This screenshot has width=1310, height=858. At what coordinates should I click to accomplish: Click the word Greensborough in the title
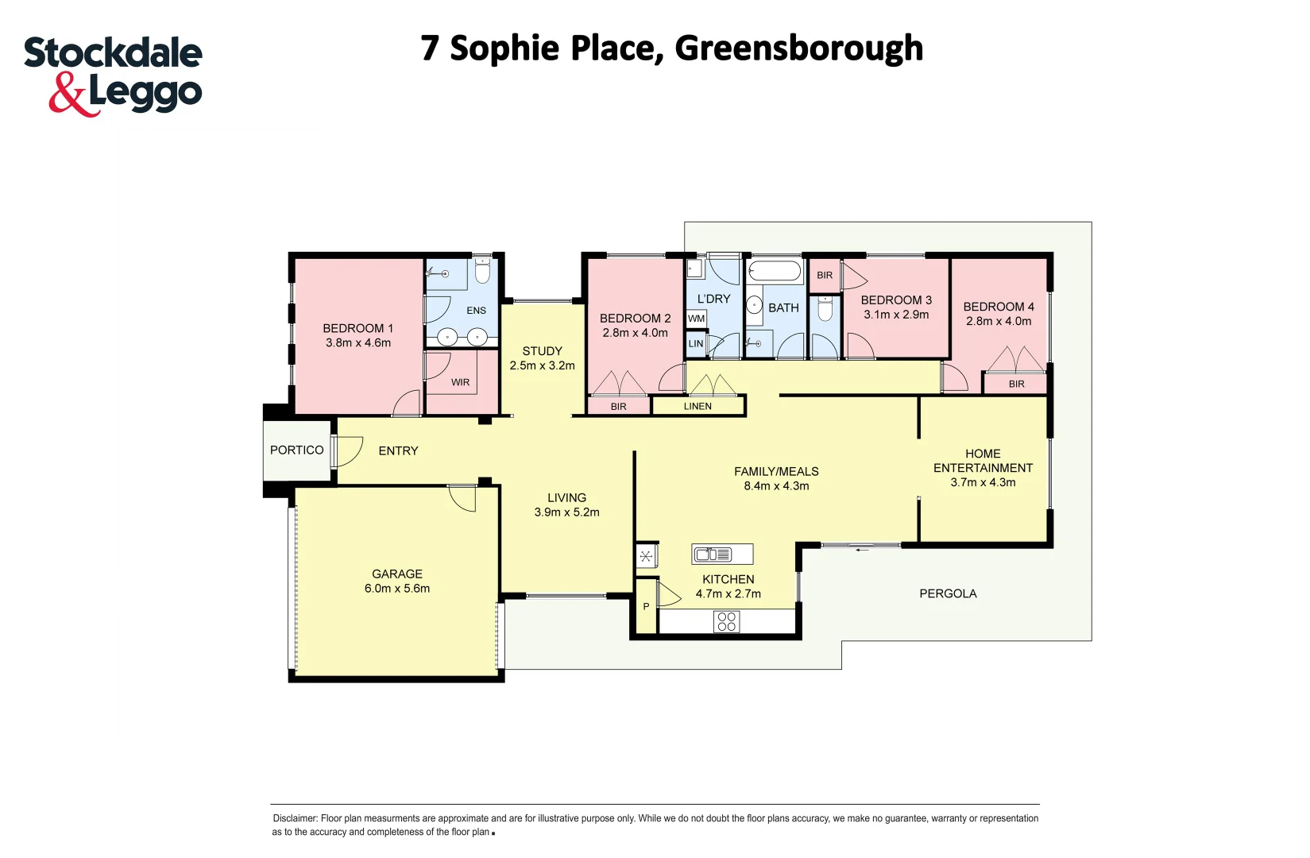tap(798, 48)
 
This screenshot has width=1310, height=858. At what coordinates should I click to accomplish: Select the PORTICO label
tap(296, 450)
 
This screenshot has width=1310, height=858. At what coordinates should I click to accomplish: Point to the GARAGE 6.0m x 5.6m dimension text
tap(397, 589)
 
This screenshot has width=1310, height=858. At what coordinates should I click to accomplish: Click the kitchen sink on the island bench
tap(713, 555)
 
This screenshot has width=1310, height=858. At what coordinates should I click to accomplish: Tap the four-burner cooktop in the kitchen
tap(726, 621)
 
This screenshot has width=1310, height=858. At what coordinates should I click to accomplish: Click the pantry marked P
tap(646, 606)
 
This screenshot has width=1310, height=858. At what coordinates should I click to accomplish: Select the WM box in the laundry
tap(697, 319)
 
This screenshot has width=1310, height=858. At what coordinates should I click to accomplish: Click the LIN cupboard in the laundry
tap(696, 344)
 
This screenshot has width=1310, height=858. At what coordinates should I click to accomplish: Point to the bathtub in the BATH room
tap(775, 272)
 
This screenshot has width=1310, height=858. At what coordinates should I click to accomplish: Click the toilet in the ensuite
tap(481, 272)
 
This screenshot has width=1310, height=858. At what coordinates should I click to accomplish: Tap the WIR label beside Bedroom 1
tap(461, 382)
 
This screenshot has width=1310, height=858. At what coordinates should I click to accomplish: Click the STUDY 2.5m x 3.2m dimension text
tap(543, 365)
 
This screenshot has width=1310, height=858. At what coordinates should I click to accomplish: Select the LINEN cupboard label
tap(698, 406)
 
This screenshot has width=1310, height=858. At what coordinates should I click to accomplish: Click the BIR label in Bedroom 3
tap(825, 276)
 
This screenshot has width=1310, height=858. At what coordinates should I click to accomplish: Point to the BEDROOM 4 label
tap(999, 307)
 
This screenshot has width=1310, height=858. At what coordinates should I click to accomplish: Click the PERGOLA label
tap(948, 593)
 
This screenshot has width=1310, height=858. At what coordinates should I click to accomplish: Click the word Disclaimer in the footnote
tap(295, 818)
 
